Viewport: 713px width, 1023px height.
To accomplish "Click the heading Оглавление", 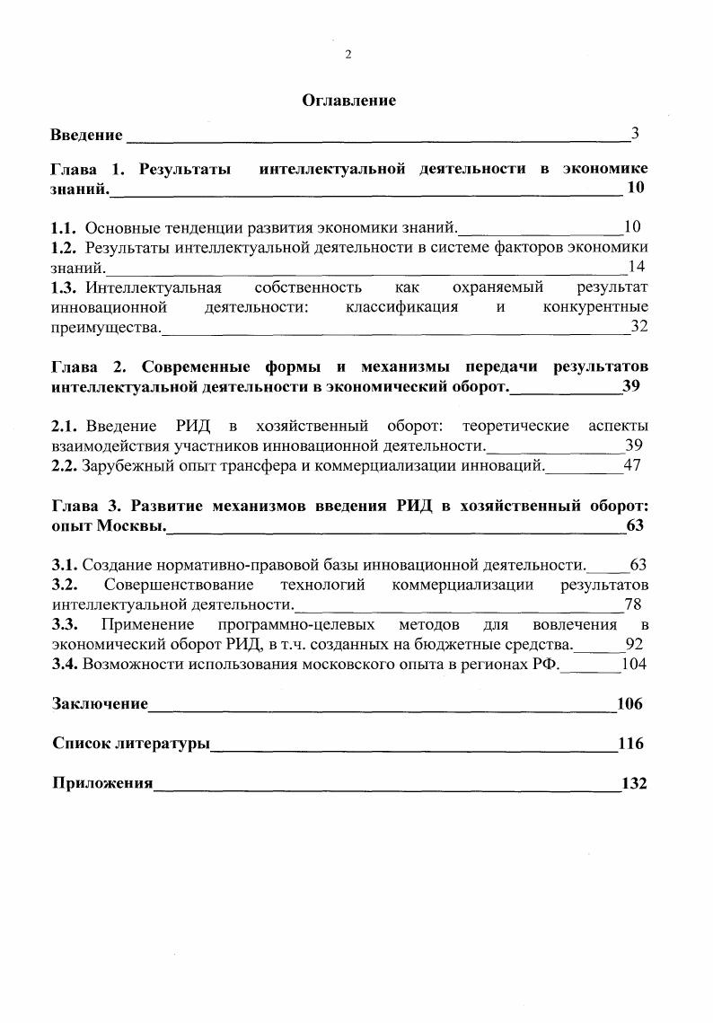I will coord(348,101).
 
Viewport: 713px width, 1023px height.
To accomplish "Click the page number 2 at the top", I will coord(348,55).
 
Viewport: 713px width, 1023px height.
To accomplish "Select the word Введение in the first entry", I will coord(86,135).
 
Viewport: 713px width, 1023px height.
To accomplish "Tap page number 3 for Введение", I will coord(635,134).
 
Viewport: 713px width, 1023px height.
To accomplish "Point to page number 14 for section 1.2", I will coord(637,266).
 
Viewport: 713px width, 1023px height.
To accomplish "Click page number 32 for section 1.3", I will coord(638,327).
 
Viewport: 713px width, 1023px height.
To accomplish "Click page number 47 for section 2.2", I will coord(632,465).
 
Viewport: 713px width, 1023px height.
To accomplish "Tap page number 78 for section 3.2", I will coord(632,604).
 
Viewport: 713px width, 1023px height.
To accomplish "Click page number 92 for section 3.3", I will coord(634,644).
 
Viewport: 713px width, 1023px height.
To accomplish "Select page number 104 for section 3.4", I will coord(634,665).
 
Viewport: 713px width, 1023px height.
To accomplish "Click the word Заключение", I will coord(100,704).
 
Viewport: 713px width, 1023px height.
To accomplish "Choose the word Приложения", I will coord(102,783).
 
